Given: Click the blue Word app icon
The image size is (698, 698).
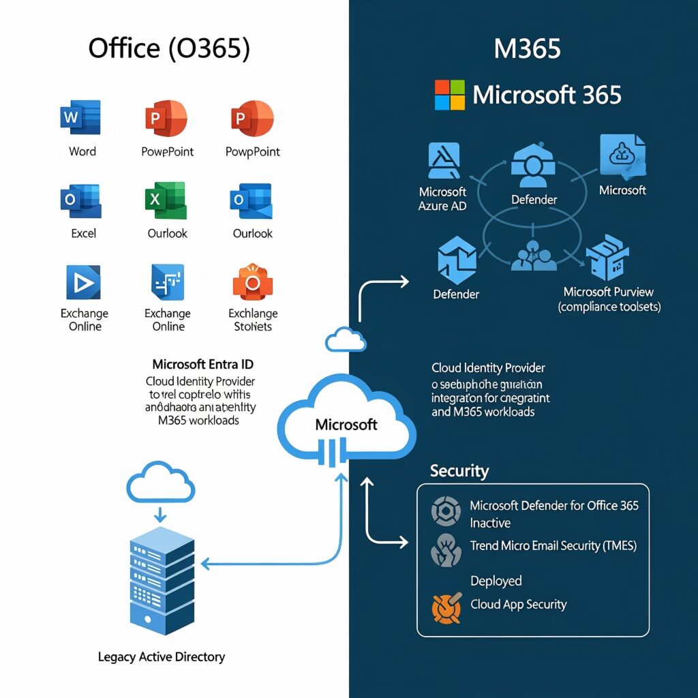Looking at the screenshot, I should click(x=81, y=117).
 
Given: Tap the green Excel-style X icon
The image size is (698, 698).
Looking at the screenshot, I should click(x=166, y=200).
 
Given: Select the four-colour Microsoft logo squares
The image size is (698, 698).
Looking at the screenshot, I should click(x=449, y=95).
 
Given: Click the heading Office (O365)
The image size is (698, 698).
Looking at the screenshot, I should click(x=169, y=49).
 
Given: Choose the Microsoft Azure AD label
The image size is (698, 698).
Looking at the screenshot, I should click(x=442, y=198).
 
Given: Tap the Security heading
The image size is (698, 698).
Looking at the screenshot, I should click(x=459, y=470).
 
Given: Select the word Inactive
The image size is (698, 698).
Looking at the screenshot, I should click(x=490, y=523).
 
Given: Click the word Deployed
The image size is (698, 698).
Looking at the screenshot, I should click(x=496, y=581).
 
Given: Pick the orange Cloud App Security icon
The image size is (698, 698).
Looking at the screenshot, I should click(x=446, y=607).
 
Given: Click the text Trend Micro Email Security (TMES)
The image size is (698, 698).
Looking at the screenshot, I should click(x=553, y=545).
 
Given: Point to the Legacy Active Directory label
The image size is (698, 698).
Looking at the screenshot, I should click(x=162, y=657).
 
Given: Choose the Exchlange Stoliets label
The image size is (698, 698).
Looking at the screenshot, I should click(x=253, y=320).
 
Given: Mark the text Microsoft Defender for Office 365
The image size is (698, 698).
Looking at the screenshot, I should click(x=554, y=506).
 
